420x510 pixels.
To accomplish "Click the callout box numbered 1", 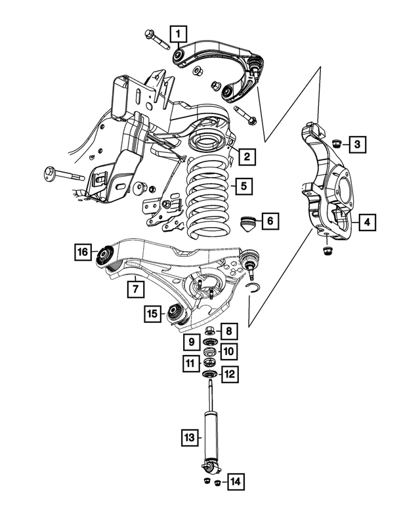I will click(178, 32).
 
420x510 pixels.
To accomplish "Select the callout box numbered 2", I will click(247, 156).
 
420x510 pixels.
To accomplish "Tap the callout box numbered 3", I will click(356, 144).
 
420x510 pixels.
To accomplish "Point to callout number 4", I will click(367, 223).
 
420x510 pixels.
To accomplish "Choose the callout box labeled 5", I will click(243, 186).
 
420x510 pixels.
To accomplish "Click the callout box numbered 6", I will click(270, 221).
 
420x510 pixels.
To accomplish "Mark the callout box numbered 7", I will click(134, 287).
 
